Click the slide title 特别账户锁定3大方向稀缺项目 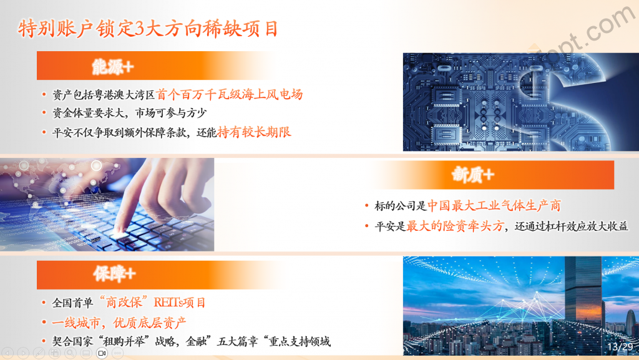click(148, 29)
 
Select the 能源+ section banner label click(113, 66)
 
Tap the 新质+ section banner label click(473, 175)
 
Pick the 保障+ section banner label click(114, 274)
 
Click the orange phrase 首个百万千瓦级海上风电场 click(230, 94)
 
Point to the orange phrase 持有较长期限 click(255, 132)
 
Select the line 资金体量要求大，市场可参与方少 click(130, 113)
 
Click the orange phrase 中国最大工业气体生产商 click(494, 206)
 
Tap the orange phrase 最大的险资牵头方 click(455, 226)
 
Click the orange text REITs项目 click(180, 303)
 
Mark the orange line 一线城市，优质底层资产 click(119, 323)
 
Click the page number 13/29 click(620, 346)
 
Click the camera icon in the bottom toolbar click(102, 353)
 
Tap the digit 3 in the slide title click(139, 29)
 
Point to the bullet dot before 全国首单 click(44, 303)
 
